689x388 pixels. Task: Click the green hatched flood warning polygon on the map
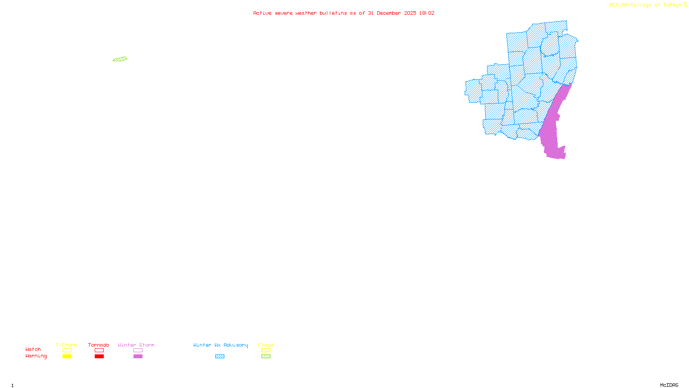(x=120, y=59)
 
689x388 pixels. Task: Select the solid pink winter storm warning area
(x=553, y=129)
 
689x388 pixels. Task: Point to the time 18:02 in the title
(x=426, y=13)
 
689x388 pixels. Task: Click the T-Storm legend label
(x=66, y=345)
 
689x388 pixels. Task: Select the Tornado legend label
(x=99, y=345)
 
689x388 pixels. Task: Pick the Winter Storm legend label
(x=136, y=345)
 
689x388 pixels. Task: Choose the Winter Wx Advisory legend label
(x=220, y=345)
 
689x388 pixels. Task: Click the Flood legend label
(x=266, y=345)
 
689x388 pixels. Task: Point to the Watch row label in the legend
(x=33, y=349)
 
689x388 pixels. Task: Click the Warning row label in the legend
(x=36, y=356)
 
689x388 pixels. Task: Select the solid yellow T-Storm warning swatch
(x=67, y=357)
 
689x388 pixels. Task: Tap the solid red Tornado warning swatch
(x=99, y=357)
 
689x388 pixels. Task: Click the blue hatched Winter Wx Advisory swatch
(x=220, y=357)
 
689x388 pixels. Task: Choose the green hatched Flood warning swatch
(x=266, y=357)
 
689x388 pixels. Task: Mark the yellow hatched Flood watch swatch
(x=266, y=350)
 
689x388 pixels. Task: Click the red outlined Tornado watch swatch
(x=99, y=350)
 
